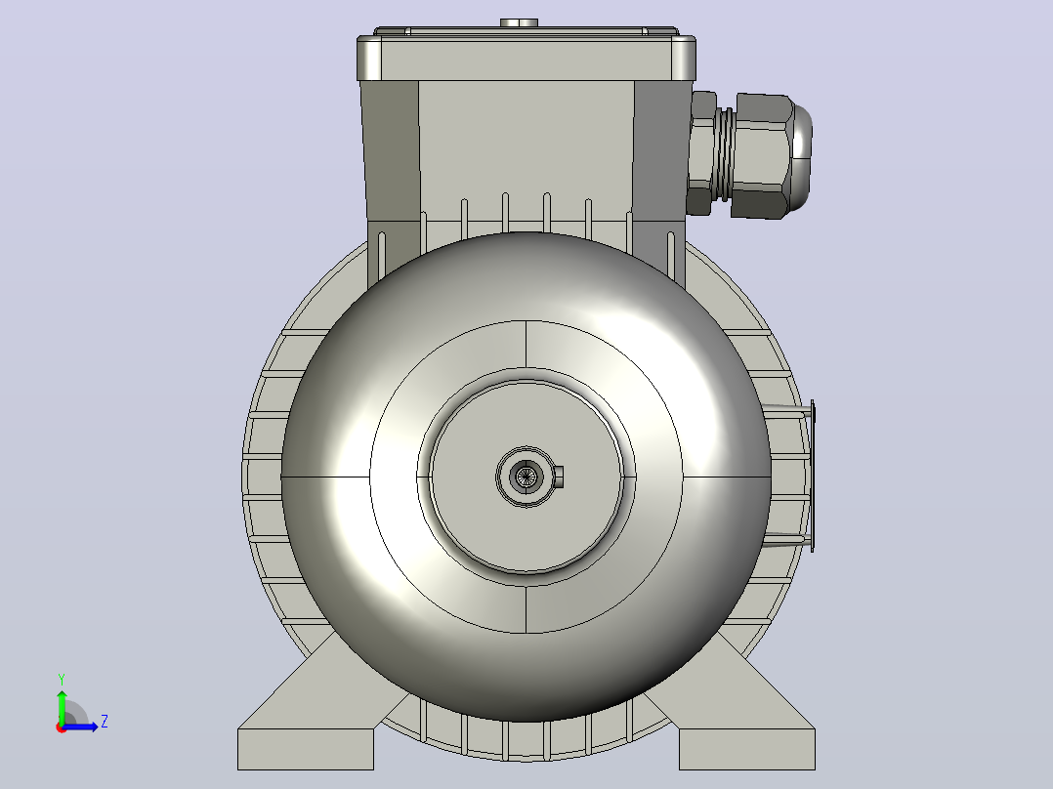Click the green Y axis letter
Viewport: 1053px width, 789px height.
click(62, 679)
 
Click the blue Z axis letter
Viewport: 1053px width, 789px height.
click(105, 722)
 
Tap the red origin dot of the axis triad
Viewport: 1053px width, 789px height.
click(62, 727)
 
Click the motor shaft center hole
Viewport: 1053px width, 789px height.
click(526, 477)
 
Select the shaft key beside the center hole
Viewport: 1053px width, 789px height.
click(558, 477)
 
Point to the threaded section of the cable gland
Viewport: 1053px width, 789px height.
click(723, 154)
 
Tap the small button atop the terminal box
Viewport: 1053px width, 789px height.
click(519, 22)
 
